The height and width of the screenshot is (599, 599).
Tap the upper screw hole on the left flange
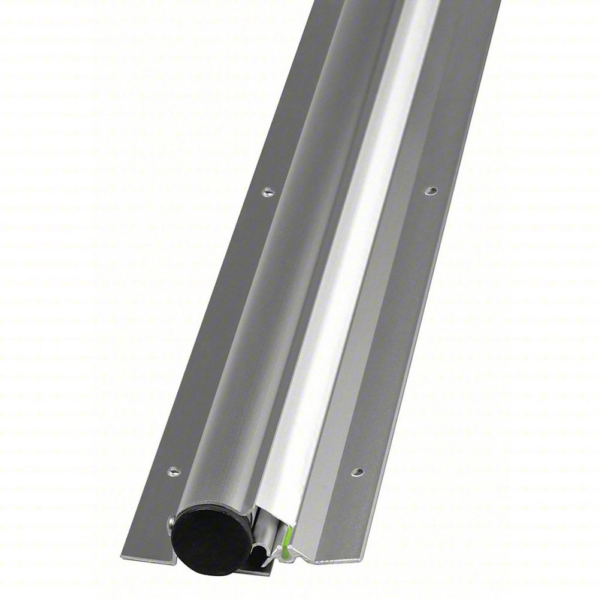tap(268, 192)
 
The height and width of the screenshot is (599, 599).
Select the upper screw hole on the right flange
tap(429, 190)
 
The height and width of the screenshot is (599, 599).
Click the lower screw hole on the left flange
tap(174, 470)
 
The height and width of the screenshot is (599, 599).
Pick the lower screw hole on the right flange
tap(357, 472)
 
